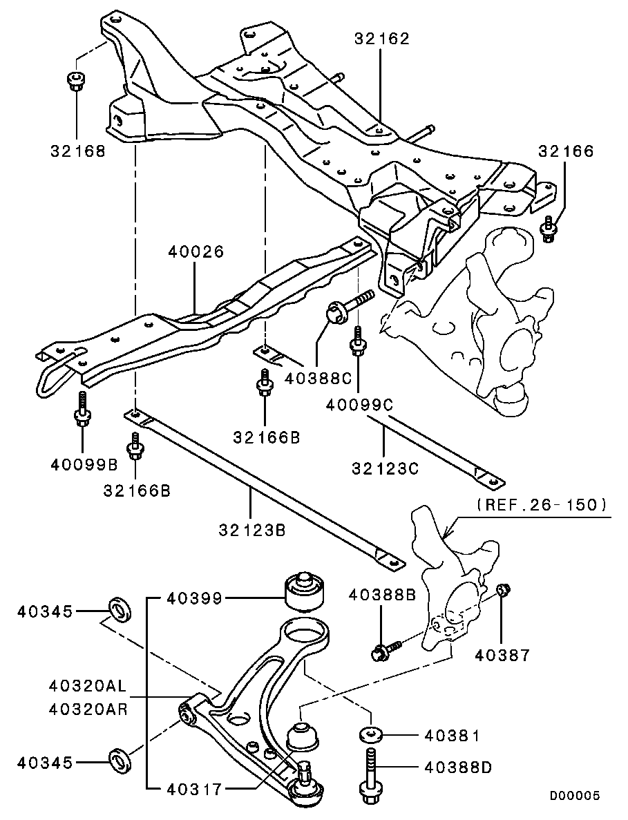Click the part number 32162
[382, 38]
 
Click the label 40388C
[318, 378]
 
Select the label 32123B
[252, 531]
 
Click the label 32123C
[386, 468]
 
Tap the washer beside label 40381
[371, 734]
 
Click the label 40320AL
[88, 685]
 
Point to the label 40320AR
[88, 709]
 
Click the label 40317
[195, 788]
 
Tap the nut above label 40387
[503, 590]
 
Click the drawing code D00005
[574, 795]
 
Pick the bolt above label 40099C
[358, 341]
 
